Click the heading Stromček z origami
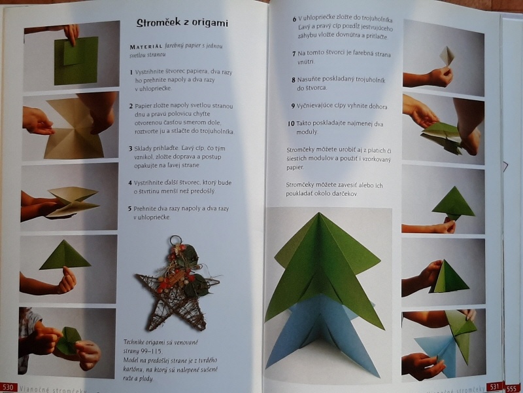(x=182, y=24)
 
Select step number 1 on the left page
(x=131, y=70)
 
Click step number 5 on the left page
(x=131, y=208)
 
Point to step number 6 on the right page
(x=295, y=18)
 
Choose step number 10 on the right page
(x=291, y=123)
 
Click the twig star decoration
(x=176, y=288)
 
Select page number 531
(x=494, y=386)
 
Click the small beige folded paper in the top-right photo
(x=448, y=55)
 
